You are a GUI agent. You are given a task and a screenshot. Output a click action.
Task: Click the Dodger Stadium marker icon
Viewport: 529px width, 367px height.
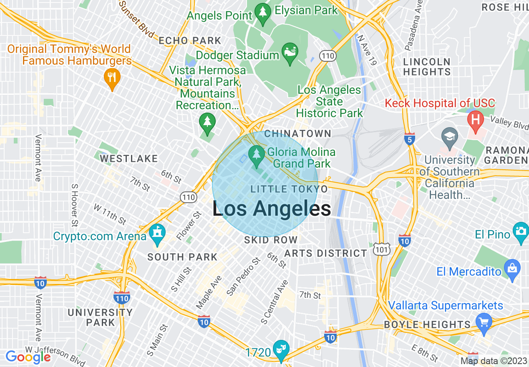290,53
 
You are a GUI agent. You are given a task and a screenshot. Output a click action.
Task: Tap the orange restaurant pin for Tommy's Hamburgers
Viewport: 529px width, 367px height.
111,78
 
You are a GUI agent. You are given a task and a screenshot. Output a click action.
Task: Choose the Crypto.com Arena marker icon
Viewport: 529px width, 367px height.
157,234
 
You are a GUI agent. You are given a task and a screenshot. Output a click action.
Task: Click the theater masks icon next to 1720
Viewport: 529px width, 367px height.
280,349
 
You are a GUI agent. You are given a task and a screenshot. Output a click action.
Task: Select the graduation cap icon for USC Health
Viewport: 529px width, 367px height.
449,137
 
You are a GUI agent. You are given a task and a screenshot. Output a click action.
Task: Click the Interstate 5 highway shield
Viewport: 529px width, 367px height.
410,139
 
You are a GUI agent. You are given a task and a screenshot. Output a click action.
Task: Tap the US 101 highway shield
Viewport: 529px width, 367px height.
381,249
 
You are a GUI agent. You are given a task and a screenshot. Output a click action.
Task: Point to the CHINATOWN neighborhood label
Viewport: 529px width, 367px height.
298,134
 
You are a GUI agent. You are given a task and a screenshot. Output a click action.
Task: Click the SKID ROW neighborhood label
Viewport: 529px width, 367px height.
271,240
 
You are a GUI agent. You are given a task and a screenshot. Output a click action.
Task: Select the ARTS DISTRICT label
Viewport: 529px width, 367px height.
325,253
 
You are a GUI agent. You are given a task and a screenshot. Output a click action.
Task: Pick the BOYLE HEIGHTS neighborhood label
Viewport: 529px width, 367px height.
427,324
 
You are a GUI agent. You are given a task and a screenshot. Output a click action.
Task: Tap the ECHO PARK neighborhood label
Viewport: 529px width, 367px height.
190,41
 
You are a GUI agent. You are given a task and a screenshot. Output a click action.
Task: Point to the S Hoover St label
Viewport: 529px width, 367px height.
75,206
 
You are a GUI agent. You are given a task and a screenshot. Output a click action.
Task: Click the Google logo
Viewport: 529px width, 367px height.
28,357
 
